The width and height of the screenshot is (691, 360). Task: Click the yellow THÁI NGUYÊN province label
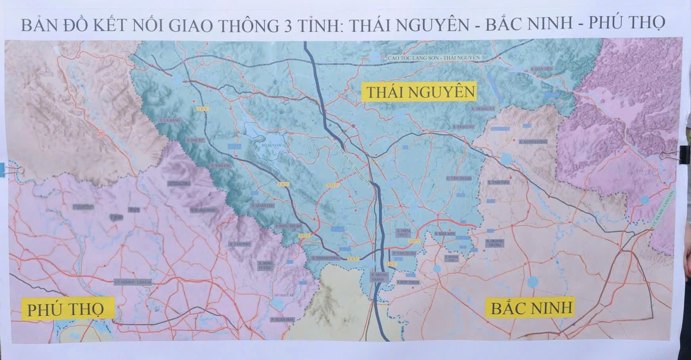pyautogui.click(x=420, y=92)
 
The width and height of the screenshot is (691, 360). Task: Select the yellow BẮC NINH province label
pyautogui.click(x=532, y=308)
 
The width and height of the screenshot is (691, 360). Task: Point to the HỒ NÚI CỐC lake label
pyautogui.click(x=271, y=145)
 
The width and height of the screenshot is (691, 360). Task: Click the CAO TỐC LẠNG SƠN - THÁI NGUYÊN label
pyautogui.click(x=434, y=58)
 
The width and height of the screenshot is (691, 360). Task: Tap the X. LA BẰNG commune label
pyautogui.click(x=169, y=120)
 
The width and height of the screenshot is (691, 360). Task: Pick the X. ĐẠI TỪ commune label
pyautogui.click(x=195, y=140)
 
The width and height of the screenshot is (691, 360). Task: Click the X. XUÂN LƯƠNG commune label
pyautogui.click(x=533, y=142)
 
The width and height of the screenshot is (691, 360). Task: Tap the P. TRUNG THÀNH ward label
pyautogui.click(x=380, y=277)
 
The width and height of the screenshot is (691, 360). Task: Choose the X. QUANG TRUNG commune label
pyautogui.click(x=494, y=243)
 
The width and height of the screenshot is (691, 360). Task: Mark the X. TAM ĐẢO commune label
pyautogui.click(x=240, y=244)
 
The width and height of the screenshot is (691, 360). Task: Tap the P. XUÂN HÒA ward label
pyautogui.click(x=282, y=320)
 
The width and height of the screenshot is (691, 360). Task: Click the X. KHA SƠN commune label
pyautogui.click(x=445, y=234)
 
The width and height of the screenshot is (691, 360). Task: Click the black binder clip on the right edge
pyautogui.click(x=684, y=153)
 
